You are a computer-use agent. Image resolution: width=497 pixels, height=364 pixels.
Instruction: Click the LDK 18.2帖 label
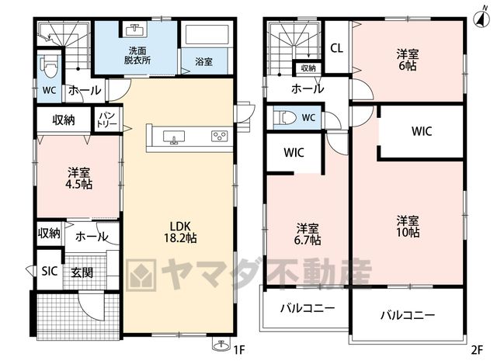(x=180, y=232)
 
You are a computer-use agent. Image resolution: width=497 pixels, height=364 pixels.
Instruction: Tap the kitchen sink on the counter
(x=174, y=137)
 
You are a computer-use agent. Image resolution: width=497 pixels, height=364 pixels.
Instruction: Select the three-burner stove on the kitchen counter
(x=219, y=137)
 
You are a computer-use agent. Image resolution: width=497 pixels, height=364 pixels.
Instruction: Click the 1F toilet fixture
(x=50, y=67)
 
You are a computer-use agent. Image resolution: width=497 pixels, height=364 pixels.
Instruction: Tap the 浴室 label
(x=203, y=61)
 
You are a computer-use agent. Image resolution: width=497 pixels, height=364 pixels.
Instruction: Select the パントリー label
(x=107, y=120)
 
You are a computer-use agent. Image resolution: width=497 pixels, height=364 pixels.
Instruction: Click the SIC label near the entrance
(x=50, y=271)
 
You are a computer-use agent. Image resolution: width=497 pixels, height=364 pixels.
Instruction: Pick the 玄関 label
(x=82, y=272)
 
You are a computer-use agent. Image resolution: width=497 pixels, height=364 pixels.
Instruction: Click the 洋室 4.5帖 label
(x=78, y=179)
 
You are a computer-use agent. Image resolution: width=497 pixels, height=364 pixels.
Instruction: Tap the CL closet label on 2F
(x=336, y=48)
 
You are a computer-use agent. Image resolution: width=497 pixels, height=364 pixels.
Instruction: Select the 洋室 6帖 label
(x=407, y=60)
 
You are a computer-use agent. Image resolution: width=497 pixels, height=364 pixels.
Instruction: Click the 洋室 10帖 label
(x=408, y=227)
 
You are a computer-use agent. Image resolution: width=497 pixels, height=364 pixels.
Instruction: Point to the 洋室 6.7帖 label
(x=308, y=234)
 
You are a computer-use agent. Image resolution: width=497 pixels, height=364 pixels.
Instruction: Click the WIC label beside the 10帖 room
(x=422, y=131)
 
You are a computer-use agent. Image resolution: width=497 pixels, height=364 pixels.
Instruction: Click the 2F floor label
(x=477, y=350)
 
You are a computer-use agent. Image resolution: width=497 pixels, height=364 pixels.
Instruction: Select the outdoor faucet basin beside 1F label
(x=221, y=345)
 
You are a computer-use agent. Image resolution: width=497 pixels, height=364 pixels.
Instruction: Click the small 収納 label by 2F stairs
(x=308, y=68)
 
